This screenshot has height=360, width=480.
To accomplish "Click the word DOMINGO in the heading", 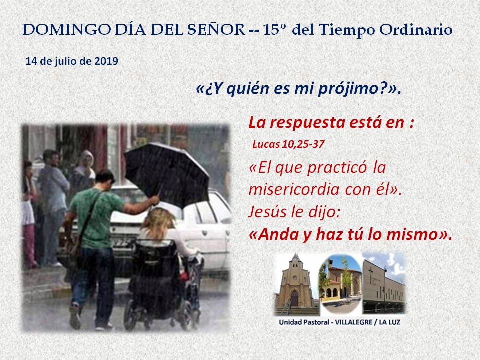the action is [66, 30].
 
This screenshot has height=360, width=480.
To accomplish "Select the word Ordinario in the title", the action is [416, 30].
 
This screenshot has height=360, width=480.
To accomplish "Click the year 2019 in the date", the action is [106, 61].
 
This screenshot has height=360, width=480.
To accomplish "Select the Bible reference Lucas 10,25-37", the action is [288, 144].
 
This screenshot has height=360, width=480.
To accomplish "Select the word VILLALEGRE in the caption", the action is [354, 322].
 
